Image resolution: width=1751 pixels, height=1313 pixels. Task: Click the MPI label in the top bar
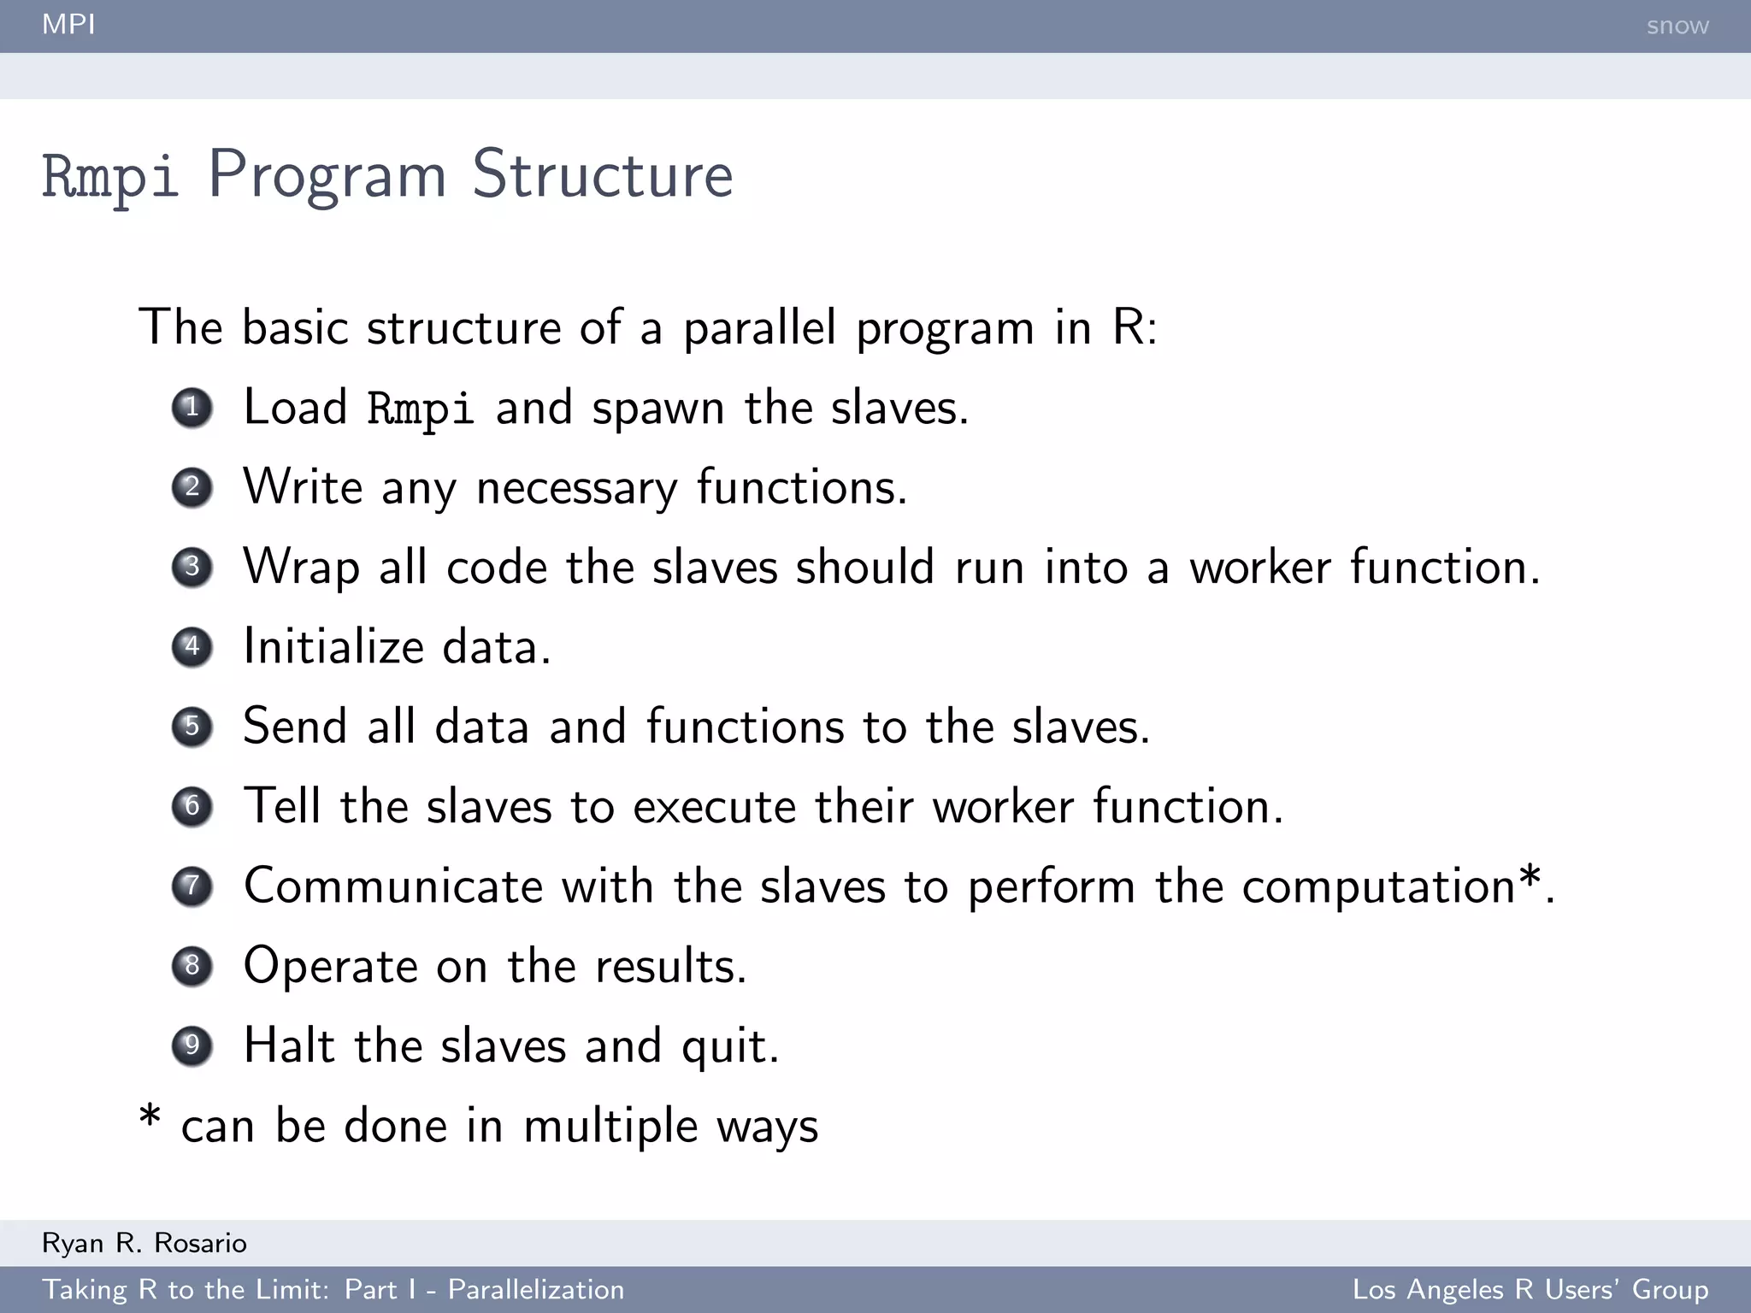coord(68,25)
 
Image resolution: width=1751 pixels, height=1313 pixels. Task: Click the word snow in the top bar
coord(1677,26)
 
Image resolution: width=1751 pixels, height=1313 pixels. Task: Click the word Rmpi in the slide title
coord(110,176)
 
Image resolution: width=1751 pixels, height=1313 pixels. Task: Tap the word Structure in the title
coord(603,174)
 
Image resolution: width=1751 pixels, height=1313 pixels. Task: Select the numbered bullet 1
coord(192,407)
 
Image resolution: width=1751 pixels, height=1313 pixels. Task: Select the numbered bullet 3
coord(192,567)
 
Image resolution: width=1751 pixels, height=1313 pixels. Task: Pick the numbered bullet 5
coord(192,727)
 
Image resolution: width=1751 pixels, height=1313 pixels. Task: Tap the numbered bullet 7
coord(192,886)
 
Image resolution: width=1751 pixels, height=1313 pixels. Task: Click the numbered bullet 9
coord(192,1045)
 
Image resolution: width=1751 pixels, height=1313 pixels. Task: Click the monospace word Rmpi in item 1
coord(420,409)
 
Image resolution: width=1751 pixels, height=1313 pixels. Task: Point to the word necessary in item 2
coord(576,488)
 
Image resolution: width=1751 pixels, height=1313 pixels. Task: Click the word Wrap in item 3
coord(301,568)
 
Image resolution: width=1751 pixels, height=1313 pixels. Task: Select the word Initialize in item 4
coord(333,646)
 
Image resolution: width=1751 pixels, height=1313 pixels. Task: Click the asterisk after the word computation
coord(1530,877)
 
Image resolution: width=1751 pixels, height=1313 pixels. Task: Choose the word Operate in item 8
coord(330,967)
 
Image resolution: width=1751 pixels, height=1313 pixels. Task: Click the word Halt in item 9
coord(289,1045)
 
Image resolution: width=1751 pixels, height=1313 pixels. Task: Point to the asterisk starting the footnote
coord(150,1116)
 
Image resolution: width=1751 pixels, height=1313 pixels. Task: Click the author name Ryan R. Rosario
coord(144,1243)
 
